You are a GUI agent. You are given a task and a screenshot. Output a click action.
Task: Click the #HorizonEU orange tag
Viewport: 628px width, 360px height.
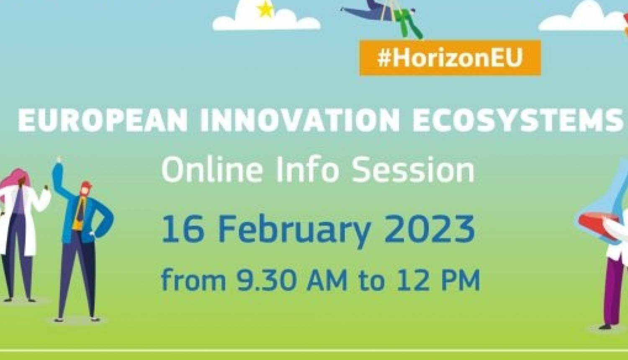point(450,58)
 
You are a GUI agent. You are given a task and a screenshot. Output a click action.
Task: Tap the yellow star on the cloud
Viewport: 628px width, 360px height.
point(265,9)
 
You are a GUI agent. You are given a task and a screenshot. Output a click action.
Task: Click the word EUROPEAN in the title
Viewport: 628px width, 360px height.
point(103,121)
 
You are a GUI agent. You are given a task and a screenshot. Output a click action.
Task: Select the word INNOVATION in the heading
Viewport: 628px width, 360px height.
point(299,121)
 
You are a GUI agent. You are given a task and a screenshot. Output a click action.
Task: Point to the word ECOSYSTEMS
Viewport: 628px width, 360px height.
point(517,121)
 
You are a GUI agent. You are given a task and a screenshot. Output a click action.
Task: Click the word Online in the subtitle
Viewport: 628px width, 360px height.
point(212,170)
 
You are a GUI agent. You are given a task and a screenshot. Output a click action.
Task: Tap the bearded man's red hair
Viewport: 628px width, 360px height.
point(86,185)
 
